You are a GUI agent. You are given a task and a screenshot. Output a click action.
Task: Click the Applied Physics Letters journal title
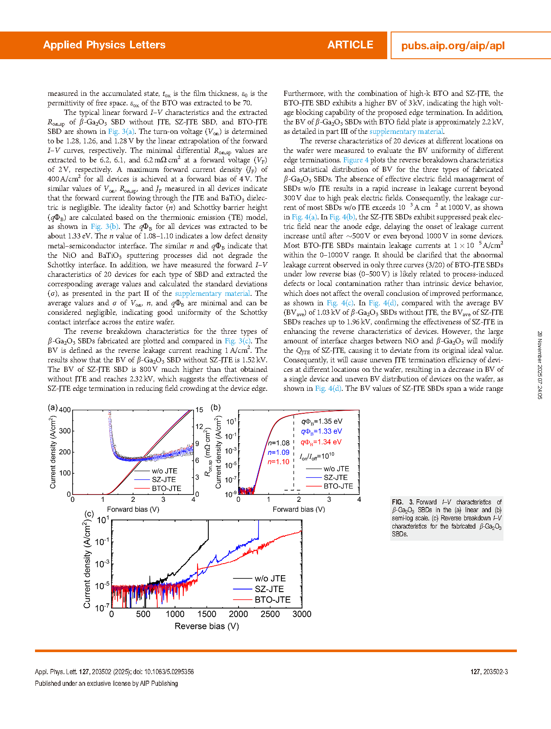click(104, 45)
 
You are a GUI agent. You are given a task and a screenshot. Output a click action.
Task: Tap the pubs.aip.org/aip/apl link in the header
click(452, 46)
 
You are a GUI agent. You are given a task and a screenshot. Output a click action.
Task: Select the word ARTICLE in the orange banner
click(350, 45)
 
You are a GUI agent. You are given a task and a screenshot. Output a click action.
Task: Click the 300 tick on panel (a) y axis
click(65, 431)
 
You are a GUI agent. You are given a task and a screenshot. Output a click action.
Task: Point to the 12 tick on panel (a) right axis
click(199, 427)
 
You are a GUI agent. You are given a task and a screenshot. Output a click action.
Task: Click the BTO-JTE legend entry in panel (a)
click(166, 488)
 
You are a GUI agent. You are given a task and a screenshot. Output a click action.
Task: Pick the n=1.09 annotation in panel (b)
click(278, 453)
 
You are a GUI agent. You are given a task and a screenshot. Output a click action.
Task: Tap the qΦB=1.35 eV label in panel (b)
click(322, 422)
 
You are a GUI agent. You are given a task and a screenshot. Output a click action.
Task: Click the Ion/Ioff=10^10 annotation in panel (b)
click(317, 456)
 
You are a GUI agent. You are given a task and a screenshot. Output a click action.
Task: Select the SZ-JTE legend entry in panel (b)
click(335, 478)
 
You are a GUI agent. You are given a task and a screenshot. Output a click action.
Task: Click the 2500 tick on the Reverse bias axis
click(270, 614)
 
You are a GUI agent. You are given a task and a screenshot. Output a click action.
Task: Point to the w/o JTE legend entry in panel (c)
click(270, 579)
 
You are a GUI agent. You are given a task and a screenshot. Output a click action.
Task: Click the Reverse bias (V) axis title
click(207, 626)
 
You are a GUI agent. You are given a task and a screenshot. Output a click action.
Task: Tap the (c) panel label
click(89, 514)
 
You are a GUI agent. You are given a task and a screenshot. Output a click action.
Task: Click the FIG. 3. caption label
click(403, 502)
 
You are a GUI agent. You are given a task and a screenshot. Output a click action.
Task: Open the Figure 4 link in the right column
click(356, 160)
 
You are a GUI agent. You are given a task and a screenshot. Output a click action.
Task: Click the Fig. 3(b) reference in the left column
click(105, 226)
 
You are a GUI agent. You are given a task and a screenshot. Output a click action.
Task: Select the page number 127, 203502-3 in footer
click(489, 672)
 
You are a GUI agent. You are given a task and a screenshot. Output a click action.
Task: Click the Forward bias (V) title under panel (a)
click(133, 510)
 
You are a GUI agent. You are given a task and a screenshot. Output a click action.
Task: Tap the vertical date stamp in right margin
click(540, 365)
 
